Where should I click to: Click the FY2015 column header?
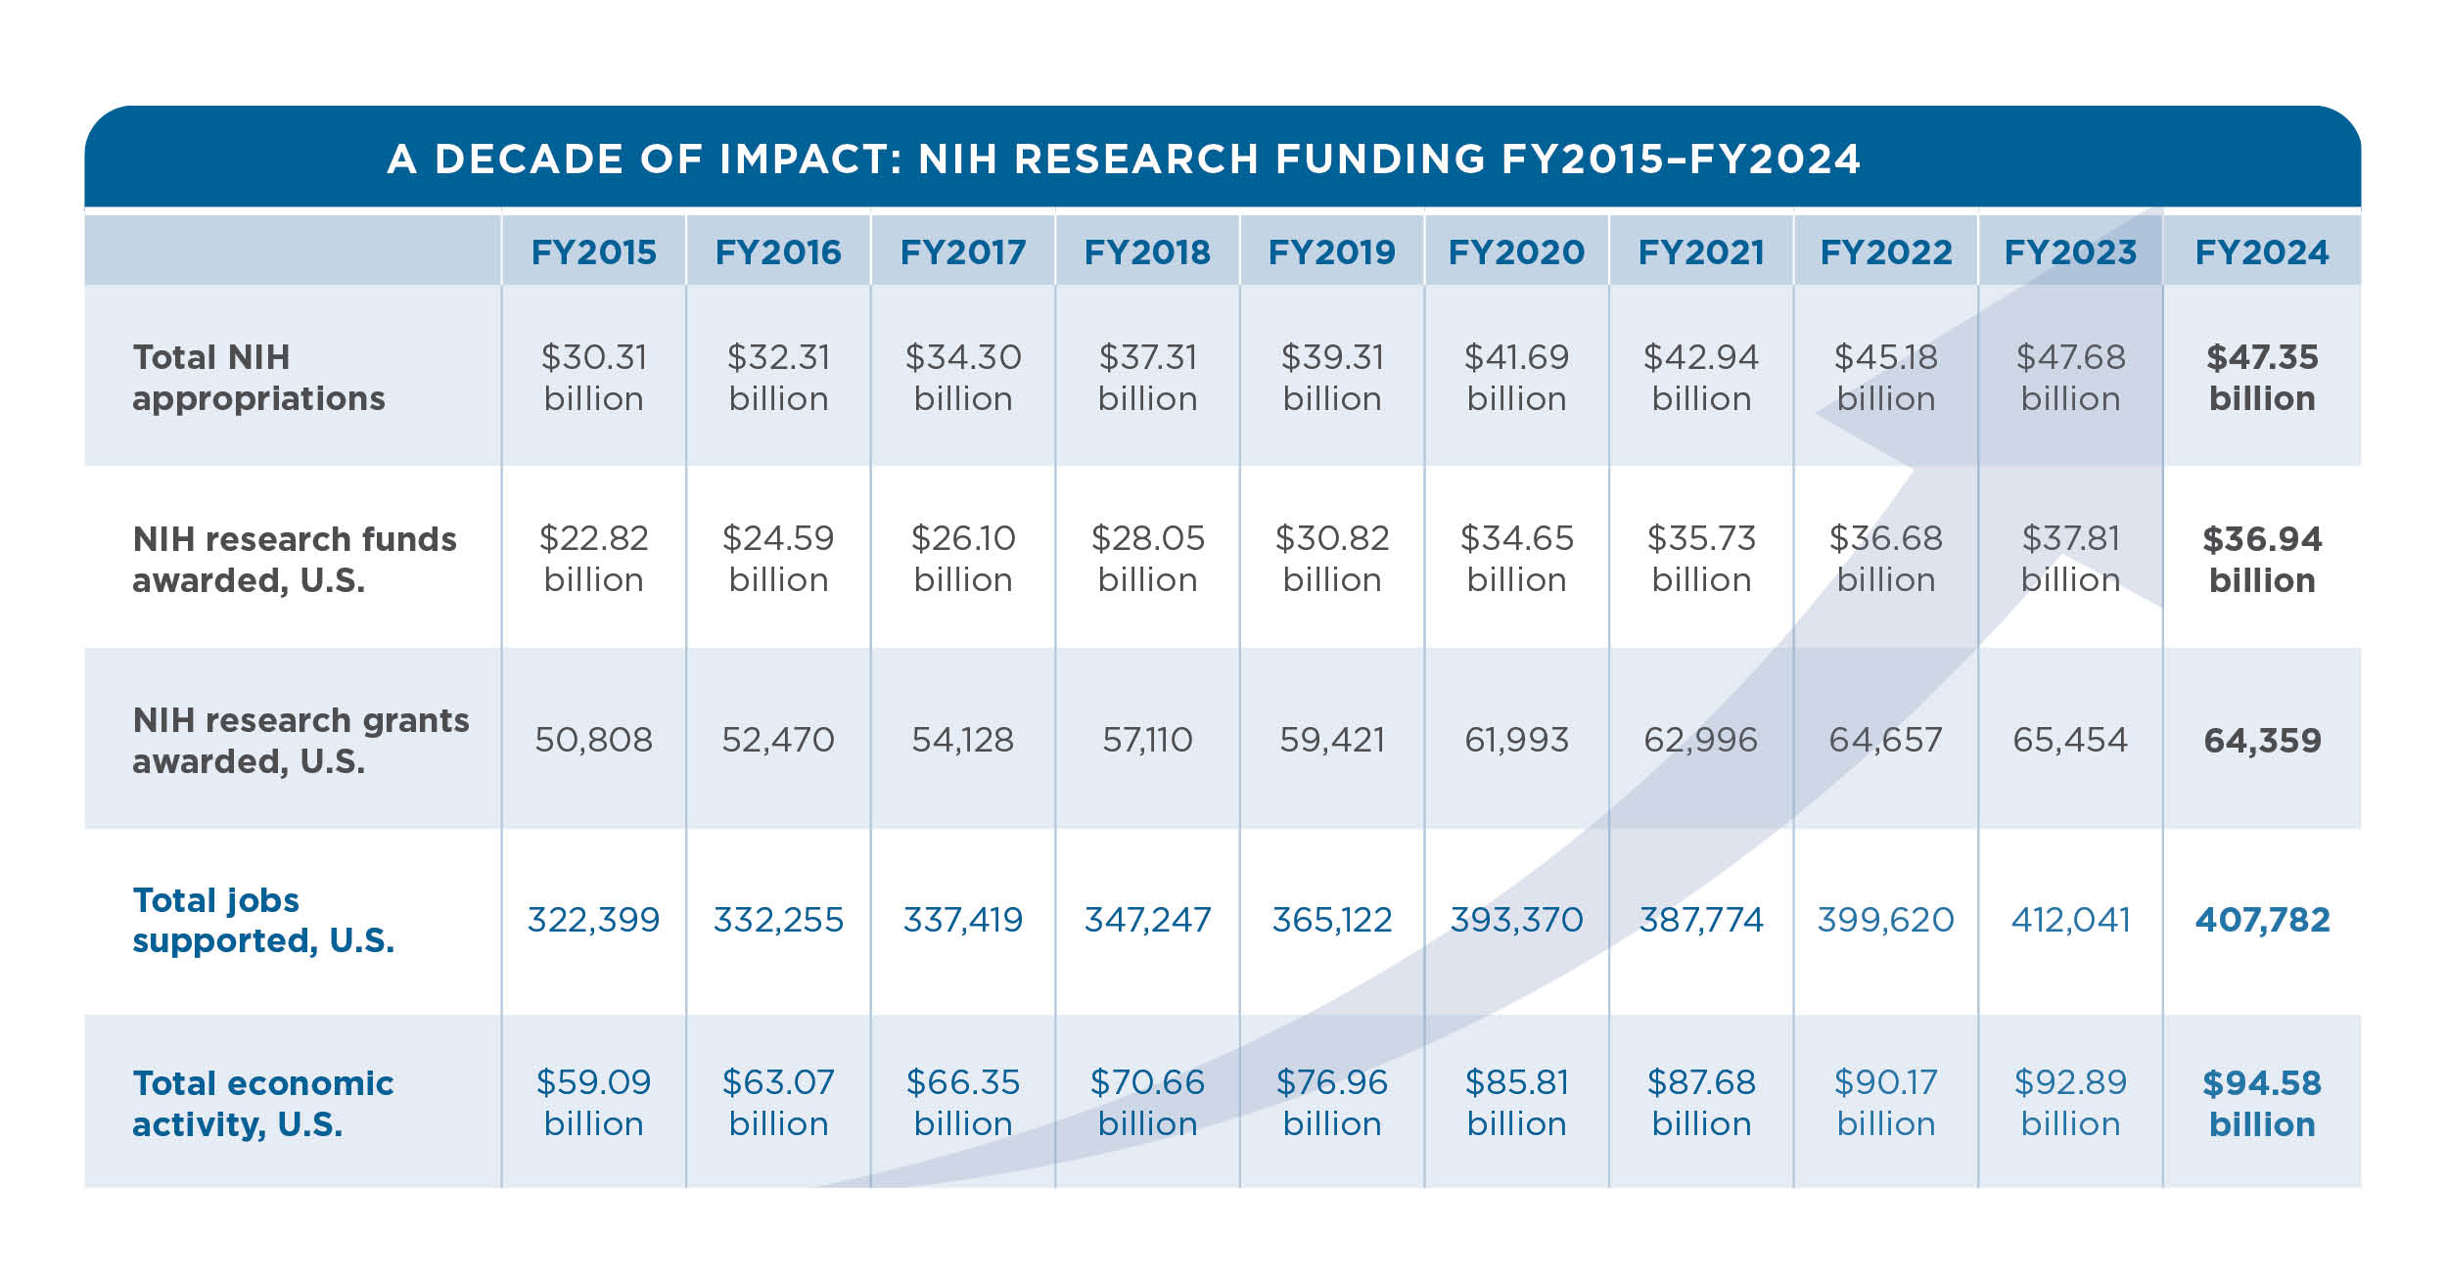pos(593,252)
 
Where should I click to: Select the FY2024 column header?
pos(2261,252)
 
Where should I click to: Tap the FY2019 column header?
pos(1331,252)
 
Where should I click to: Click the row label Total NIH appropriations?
pos(258,378)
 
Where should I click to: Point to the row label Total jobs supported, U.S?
pos(263,920)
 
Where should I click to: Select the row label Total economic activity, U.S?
pos(262,1103)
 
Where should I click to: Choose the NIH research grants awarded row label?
pos(300,740)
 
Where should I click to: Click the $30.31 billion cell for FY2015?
pos(593,378)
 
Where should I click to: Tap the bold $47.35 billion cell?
pos(2261,378)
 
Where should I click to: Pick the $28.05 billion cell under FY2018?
pos(1147,559)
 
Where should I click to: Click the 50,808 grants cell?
pos(593,740)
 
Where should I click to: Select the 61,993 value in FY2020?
pos(1516,740)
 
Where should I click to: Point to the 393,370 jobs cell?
pos(1516,920)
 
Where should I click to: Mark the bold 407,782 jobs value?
pos(2261,920)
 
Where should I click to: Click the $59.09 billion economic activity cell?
pos(593,1103)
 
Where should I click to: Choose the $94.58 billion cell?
pos(2261,1103)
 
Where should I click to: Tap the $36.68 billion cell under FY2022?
pos(1885,559)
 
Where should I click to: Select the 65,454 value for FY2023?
pos(2070,740)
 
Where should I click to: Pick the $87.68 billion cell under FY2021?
pos(1701,1103)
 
